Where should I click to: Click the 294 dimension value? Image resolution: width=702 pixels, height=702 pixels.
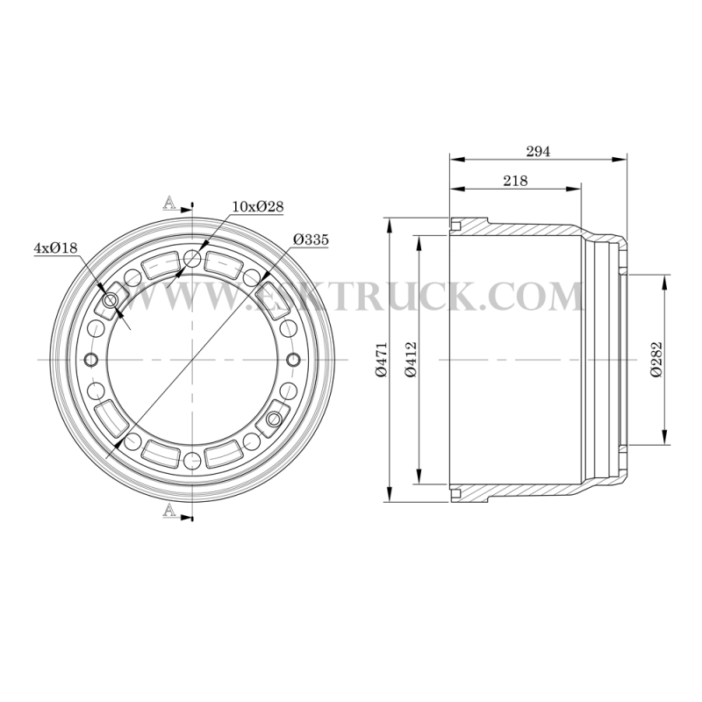coord(538,152)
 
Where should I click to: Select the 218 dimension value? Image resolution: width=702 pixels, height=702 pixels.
coord(515,181)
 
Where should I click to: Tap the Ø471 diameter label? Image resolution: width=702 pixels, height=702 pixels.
coord(382,360)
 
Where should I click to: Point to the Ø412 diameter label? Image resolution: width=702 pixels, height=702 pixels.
coord(410,360)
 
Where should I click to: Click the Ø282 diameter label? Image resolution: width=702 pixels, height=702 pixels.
coord(655,360)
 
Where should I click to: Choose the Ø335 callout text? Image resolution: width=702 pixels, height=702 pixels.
coord(312,240)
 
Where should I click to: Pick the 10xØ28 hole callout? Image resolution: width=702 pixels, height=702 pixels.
coord(258,206)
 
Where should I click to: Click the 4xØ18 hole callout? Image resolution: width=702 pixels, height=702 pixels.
coord(56,247)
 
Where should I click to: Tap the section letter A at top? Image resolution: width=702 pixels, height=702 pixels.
coord(169,203)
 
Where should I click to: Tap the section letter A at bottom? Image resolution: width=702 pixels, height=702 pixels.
coord(169,510)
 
